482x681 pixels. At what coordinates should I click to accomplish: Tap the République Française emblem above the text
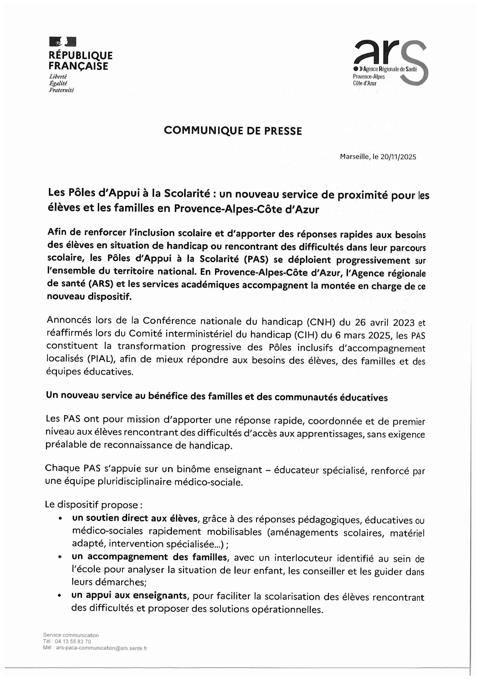click(63, 42)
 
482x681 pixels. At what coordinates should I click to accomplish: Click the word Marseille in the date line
click(355, 157)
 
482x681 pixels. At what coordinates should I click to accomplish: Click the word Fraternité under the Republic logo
click(61, 91)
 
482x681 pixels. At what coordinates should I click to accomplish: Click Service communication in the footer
click(71, 635)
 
